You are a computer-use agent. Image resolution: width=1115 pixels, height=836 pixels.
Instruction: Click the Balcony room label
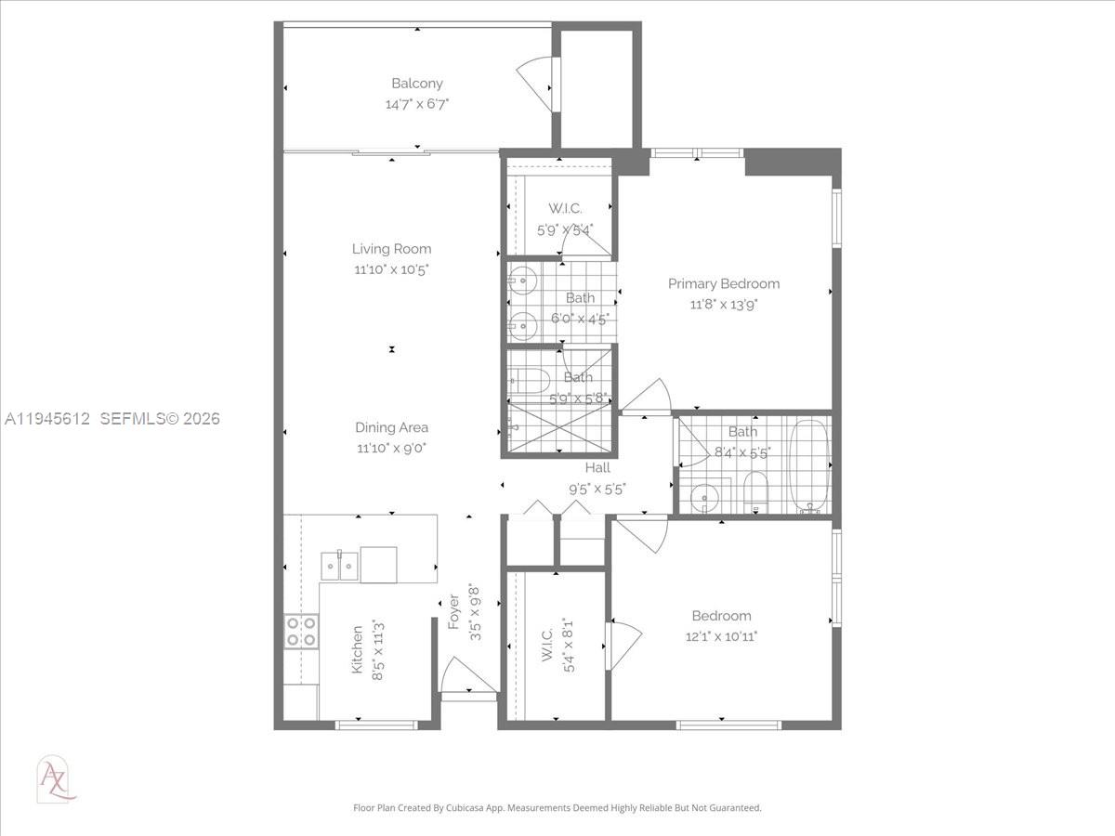click(x=416, y=84)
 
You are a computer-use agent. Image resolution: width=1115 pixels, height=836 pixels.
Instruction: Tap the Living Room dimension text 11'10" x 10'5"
click(x=391, y=269)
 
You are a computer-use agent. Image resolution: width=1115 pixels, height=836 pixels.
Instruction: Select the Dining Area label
click(x=391, y=427)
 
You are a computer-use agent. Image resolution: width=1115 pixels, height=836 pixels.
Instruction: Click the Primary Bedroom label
click(x=724, y=283)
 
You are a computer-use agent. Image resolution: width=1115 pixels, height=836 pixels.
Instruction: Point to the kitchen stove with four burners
click(x=301, y=632)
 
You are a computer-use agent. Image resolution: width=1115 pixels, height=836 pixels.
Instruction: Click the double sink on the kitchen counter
click(x=339, y=565)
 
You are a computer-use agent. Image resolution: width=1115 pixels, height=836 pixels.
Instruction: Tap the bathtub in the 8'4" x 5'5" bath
click(x=809, y=466)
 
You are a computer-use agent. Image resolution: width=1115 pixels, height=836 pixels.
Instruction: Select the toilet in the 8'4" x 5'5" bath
click(x=755, y=492)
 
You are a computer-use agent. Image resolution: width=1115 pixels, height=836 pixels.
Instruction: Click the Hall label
click(x=597, y=468)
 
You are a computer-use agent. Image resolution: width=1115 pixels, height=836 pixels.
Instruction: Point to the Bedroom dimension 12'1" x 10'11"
click(x=721, y=636)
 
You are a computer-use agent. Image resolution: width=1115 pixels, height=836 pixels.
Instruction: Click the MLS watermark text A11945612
click(x=46, y=419)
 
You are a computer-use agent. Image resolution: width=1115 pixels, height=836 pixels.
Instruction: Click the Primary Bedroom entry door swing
click(x=649, y=398)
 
